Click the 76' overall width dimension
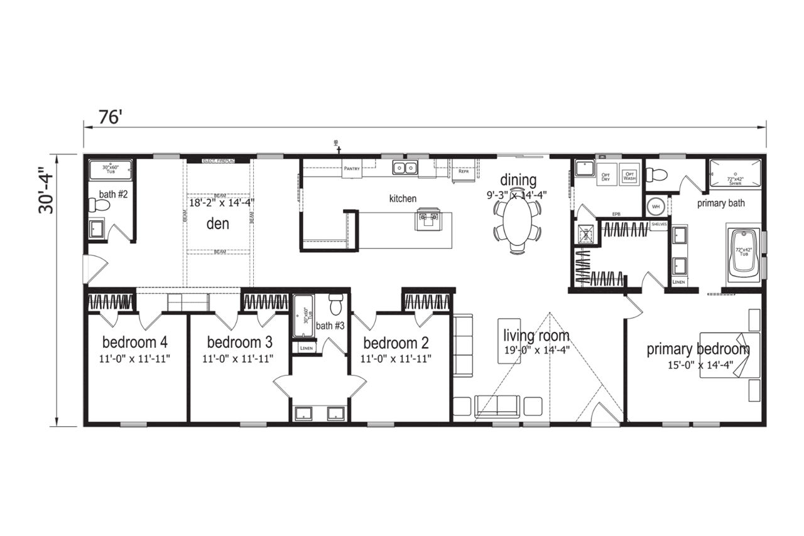click(109, 117)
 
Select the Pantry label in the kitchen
click(351, 168)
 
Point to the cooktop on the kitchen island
click(430, 218)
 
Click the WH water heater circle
click(655, 206)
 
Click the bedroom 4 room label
click(135, 343)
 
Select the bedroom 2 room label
click(396, 343)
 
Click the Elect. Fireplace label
click(218, 161)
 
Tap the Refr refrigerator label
click(464, 171)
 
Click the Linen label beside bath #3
click(307, 348)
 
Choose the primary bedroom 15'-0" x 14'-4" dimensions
click(698, 366)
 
